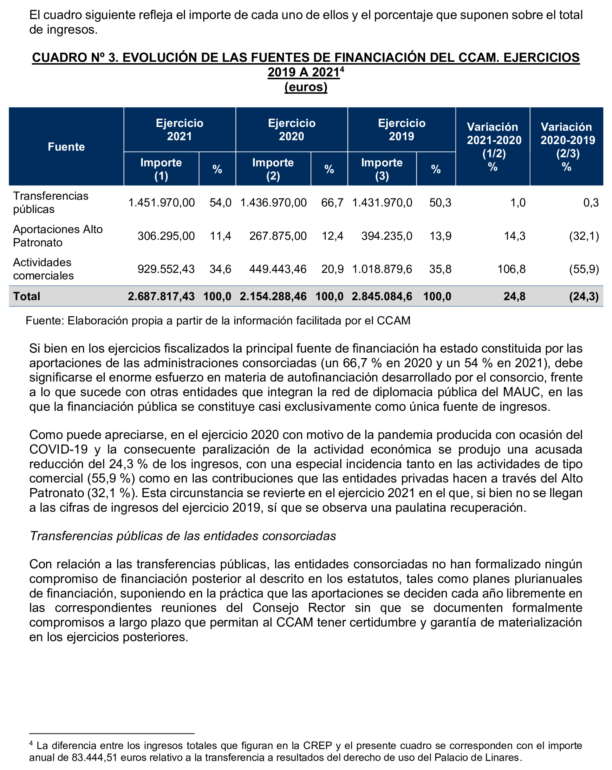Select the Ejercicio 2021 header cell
[x=180, y=130]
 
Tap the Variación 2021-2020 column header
[x=493, y=146]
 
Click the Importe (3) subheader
[x=381, y=169]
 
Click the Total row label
[x=27, y=296]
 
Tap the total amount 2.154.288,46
[x=273, y=296]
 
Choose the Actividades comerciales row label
[x=43, y=269]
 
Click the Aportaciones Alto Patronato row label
[x=58, y=236]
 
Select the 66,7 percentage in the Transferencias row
[x=332, y=203]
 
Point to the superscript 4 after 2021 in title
[x=342, y=69]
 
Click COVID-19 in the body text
[x=58, y=449]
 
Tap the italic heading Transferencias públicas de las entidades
[x=183, y=536]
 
